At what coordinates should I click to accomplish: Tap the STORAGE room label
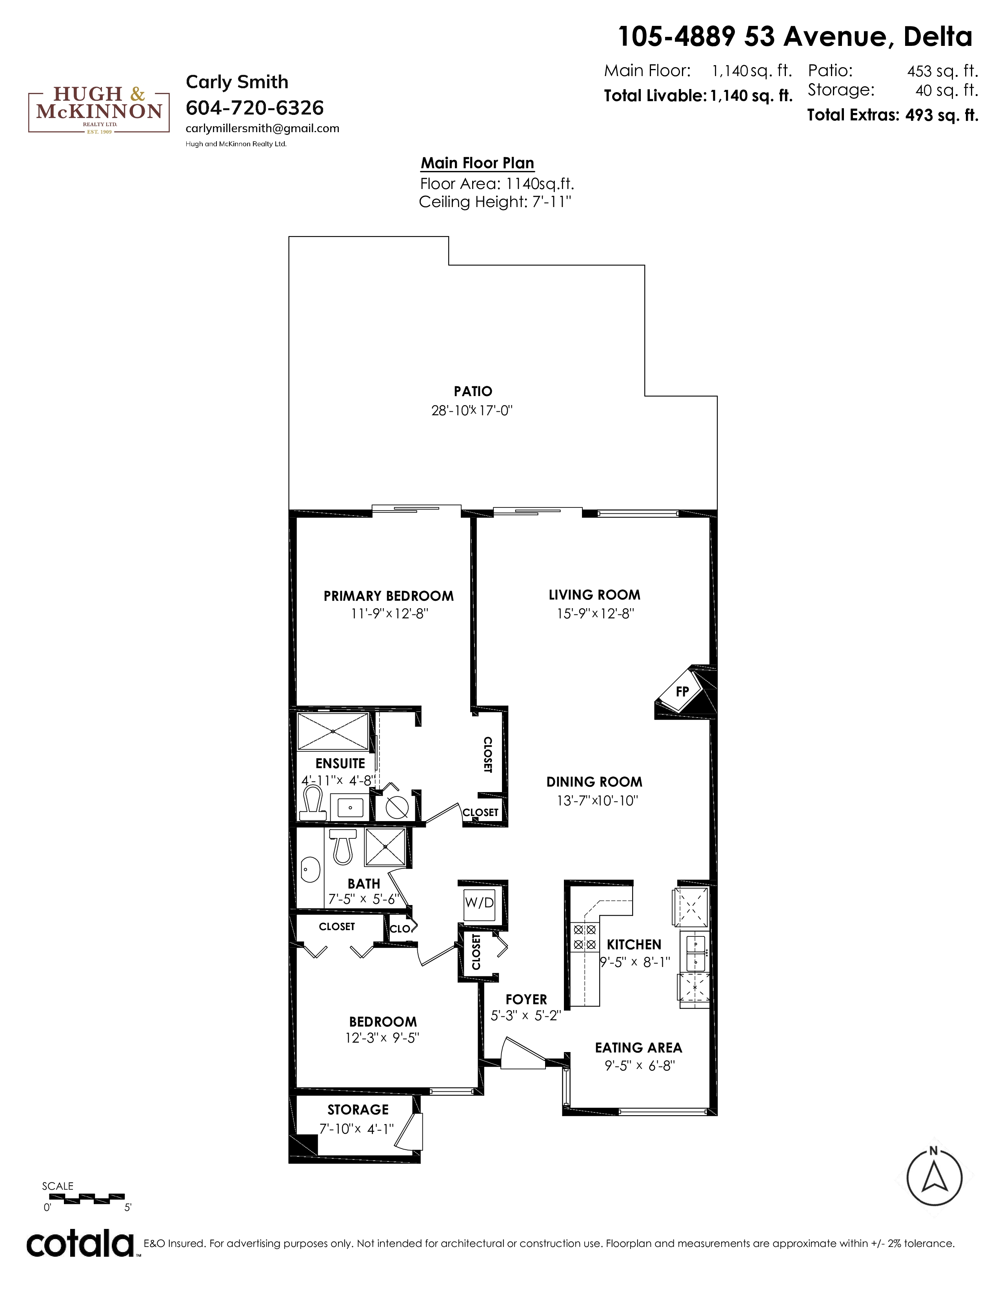coord(358,1109)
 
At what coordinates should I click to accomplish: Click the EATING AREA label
coord(638,1047)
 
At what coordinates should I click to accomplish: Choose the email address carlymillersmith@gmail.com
coord(262,129)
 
